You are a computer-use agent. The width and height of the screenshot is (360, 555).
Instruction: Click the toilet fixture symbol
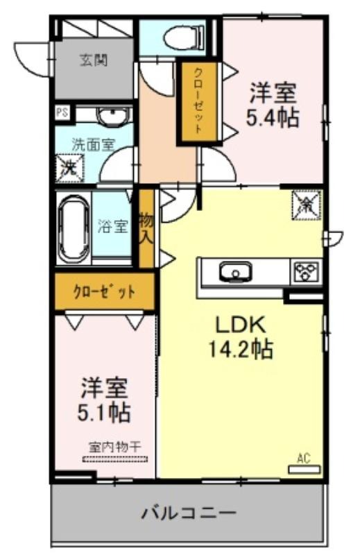(x=185, y=37)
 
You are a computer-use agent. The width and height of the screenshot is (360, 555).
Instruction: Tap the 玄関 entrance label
(x=94, y=60)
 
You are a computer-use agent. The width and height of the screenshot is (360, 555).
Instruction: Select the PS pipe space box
(x=62, y=112)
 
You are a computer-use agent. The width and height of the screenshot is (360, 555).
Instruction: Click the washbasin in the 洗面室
(x=112, y=115)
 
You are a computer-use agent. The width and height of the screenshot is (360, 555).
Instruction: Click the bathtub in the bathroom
(x=74, y=230)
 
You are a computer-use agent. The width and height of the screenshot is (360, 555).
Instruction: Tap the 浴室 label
(x=112, y=226)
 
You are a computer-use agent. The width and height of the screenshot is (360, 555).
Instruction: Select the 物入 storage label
(x=146, y=228)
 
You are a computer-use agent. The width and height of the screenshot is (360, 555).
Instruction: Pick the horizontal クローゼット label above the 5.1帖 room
(x=105, y=292)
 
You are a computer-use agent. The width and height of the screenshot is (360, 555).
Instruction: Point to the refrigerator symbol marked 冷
(x=307, y=205)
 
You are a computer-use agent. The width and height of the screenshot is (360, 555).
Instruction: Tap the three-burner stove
(x=306, y=271)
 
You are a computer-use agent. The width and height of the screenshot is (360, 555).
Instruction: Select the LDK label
(x=241, y=324)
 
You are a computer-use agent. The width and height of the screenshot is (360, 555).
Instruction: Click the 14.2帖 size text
(x=241, y=350)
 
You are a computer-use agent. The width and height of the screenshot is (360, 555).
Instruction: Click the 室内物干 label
(x=114, y=447)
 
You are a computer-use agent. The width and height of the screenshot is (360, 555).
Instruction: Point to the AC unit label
(x=304, y=459)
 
